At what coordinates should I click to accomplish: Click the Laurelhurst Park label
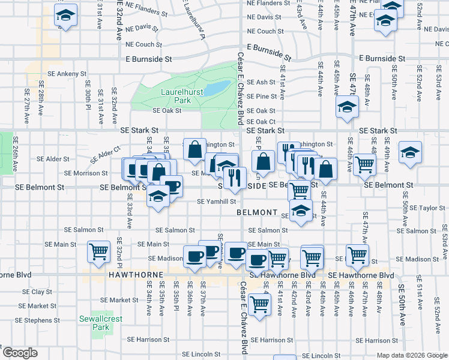click(175, 97)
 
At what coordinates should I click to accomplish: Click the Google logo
click(20, 353)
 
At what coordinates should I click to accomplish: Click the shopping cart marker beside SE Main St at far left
click(98, 251)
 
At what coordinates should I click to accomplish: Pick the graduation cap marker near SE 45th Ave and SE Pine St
click(346, 108)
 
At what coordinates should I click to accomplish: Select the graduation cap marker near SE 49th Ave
click(411, 153)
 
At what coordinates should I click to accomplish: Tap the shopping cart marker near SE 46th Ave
click(364, 164)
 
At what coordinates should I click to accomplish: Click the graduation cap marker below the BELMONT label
click(301, 211)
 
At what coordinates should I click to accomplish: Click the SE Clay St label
click(37, 292)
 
